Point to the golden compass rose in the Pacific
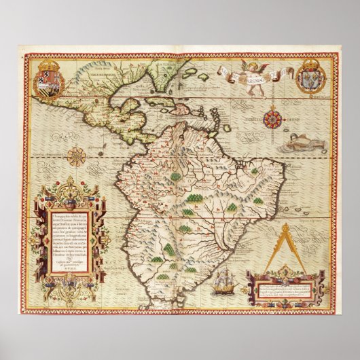click(x=76, y=156)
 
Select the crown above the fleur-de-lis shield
click(x=309, y=66)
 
